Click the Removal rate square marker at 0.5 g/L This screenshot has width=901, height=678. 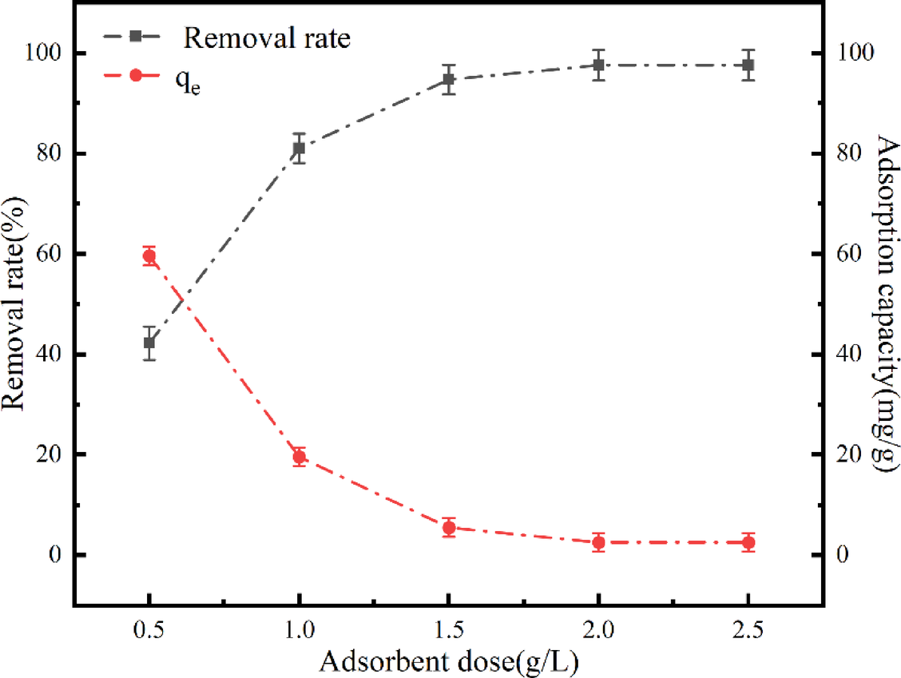[149, 343]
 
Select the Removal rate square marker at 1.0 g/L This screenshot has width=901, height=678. [299, 148]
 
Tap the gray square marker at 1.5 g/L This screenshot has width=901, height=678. [449, 79]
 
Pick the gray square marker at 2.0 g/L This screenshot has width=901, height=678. [598, 65]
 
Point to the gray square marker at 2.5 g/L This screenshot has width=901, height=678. [748, 65]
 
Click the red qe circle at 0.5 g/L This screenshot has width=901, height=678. [149, 256]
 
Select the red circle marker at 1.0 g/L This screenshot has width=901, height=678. [299, 457]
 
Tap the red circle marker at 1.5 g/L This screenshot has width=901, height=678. [449, 527]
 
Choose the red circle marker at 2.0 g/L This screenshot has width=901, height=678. [598, 542]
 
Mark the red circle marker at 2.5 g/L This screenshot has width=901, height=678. [748, 542]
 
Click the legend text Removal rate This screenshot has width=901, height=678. [266, 38]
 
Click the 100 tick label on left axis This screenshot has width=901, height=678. [45, 54]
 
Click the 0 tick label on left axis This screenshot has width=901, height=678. [55, 555]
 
